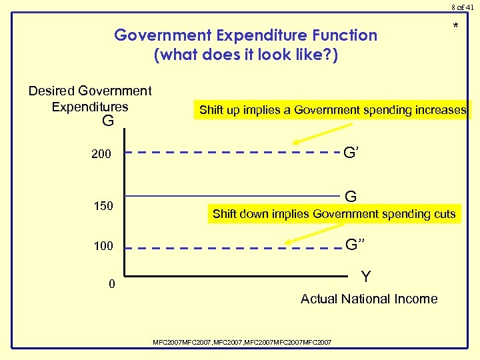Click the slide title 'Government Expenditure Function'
pos(245,35)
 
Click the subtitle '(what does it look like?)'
pos(245,54)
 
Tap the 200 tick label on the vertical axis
pos(102,155)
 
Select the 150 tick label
pos(103,206)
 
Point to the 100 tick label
pos(103,246)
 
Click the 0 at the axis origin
pos(112,285)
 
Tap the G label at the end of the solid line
pos(351,196)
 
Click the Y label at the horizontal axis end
pos(366,276)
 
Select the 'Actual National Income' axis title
pos(369,299)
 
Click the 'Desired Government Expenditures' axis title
pos(90,98)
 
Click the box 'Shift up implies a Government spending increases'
pos(333,110)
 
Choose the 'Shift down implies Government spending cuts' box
pos(333,214)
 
